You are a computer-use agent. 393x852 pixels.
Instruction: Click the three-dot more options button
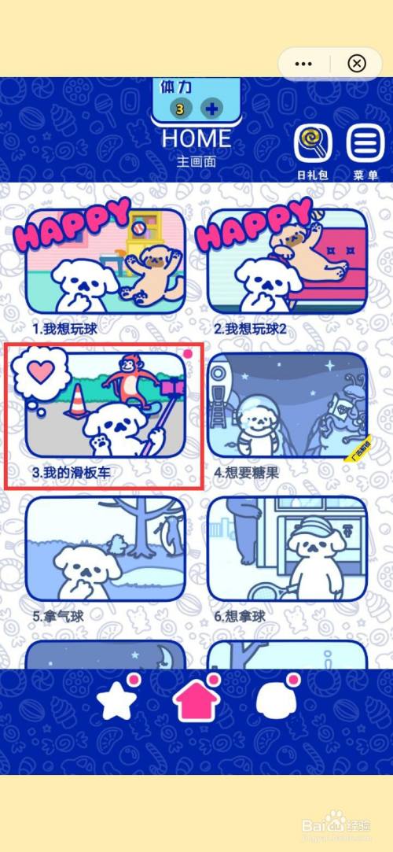point(303,63)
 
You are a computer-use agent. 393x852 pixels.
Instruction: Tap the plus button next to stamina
point(211,109)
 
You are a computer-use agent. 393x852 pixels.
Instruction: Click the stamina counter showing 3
point(180,109)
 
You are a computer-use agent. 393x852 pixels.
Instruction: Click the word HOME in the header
point(196,138)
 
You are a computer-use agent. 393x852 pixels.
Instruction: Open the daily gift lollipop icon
point(312,144)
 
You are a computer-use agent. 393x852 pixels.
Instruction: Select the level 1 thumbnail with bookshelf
point(105,260)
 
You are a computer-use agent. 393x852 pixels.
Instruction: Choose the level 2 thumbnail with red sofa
point(287,260)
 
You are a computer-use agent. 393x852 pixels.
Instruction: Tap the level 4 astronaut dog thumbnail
point(287,405)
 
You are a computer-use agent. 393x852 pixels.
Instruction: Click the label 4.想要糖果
point(248,473)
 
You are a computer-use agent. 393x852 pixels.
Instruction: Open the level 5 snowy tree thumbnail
point(105,548)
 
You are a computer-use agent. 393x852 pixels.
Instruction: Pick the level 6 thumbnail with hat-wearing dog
point(287,548)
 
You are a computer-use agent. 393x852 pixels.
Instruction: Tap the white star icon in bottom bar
point(117,703)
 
